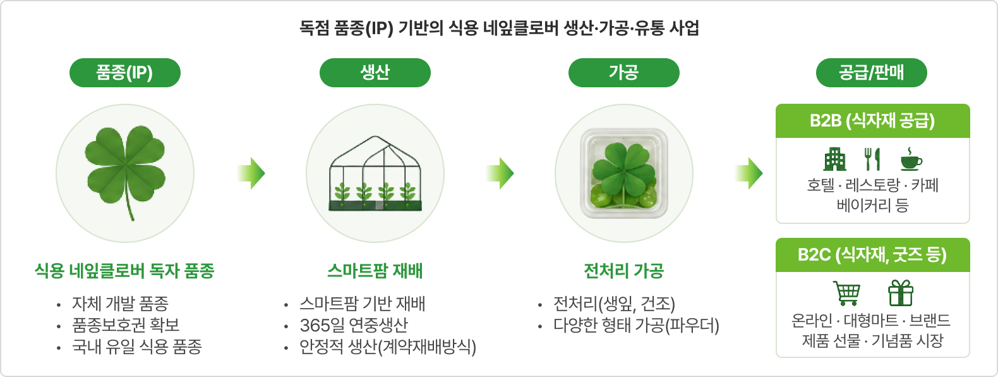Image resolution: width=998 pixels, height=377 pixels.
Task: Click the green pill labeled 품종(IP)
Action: click(x=125, y=73)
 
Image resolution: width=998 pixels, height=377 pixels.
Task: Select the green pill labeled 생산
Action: click(x=375, y=73)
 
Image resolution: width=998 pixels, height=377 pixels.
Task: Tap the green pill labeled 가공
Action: click(x=624, y=73)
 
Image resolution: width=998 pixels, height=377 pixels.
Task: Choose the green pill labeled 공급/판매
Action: click(x=872, y=73)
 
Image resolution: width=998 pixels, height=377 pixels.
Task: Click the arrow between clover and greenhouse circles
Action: click(x=252, y=173)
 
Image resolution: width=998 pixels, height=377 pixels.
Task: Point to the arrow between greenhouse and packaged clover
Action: click(x=500, y=173)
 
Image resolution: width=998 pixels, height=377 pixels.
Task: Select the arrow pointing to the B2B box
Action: click(x=749, y=173)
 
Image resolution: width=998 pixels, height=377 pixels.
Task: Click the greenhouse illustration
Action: click(x=375, y=173)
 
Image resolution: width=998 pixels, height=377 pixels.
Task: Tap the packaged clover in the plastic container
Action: click(x=624, y=173)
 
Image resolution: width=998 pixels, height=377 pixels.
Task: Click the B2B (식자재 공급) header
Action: click(x=873, y=121)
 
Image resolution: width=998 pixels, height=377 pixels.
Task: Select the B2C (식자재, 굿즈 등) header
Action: click(x=873, y=255)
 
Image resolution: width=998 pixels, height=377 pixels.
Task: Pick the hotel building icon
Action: click(x=834, y=159)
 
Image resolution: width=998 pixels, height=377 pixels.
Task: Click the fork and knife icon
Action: click(x=872, y=159)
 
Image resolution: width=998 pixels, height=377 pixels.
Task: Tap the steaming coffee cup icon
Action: click(x=911, y=159)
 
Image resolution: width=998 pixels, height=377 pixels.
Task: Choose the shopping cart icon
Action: click(x=846, y=293)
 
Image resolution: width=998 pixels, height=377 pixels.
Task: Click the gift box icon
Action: click(x=901, y=293)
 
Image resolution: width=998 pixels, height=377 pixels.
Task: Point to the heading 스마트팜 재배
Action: click(x=375, y=271)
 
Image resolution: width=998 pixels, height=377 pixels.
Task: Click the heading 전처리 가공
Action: click(x=624, y=271)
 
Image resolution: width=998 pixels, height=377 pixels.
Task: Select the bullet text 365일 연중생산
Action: click(x=354, y=325)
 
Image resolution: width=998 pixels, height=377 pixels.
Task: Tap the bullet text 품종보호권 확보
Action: click(x=126, y=324)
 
